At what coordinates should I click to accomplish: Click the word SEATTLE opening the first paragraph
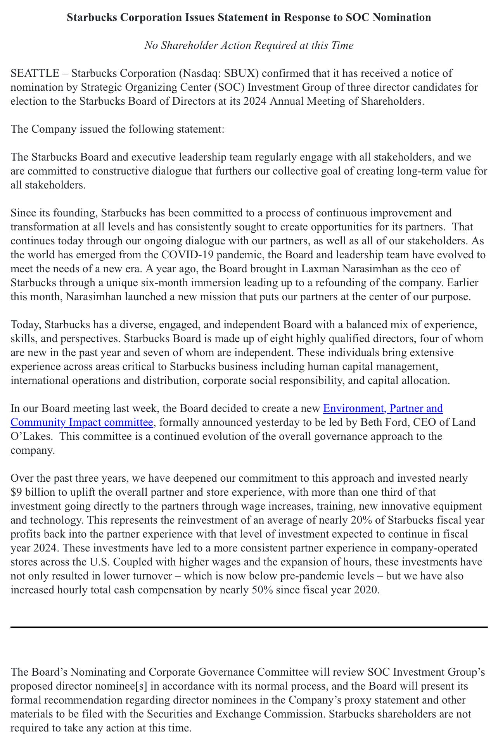pos(35,73)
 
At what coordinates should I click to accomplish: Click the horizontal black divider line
pos(249,627)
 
